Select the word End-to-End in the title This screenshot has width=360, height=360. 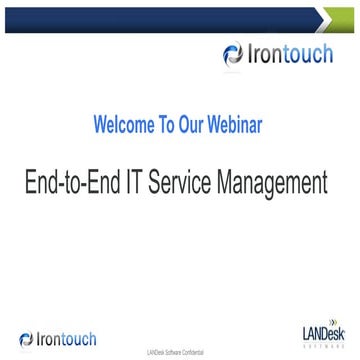(74, 183)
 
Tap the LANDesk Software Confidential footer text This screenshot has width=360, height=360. (180, 353)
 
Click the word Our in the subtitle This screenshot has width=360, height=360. (194, 126)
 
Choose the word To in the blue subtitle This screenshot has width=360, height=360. (167, 126)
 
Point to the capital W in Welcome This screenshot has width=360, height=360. (100, 126)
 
